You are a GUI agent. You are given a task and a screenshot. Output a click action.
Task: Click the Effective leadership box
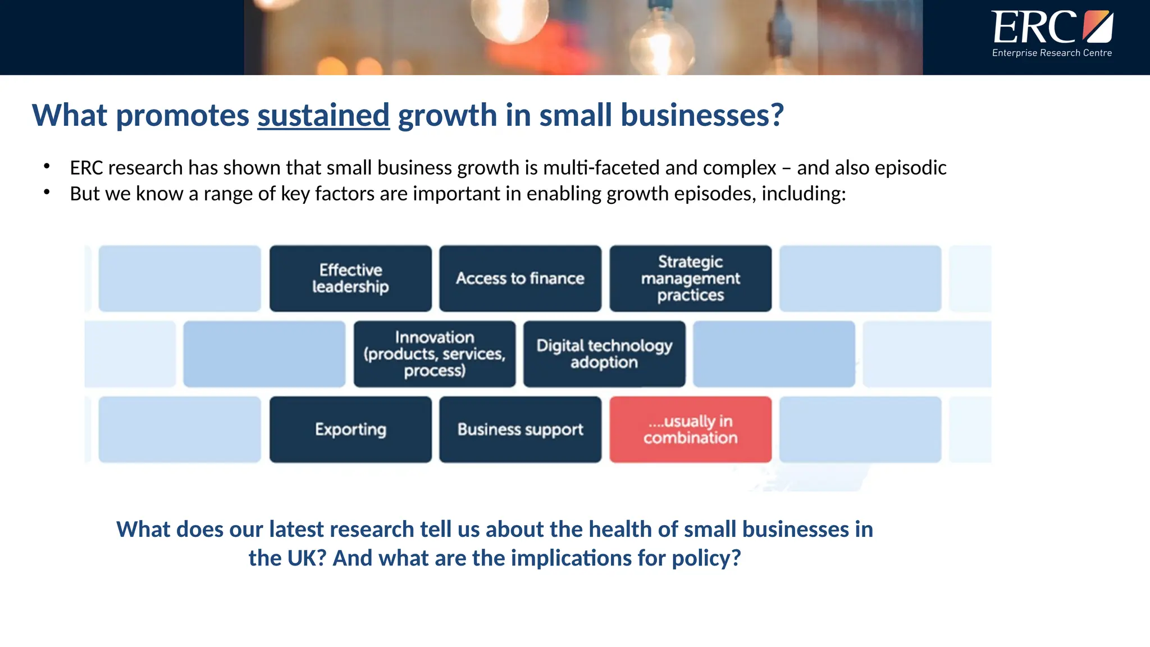pos(350,279)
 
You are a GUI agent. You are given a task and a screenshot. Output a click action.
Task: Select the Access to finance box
pos(520,279)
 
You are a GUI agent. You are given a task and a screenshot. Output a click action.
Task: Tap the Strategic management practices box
pos(690,279)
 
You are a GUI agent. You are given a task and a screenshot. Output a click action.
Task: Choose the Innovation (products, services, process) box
pos(434,354)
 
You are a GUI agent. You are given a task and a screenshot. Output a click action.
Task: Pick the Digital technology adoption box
pos(604,354)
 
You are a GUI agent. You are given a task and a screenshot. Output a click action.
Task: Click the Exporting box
pos(350,430)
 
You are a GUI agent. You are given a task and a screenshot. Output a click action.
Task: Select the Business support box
pos(520,430)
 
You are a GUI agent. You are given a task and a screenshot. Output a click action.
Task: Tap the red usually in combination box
pos(690,430)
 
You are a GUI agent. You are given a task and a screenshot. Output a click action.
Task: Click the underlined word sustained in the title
pos(323,116)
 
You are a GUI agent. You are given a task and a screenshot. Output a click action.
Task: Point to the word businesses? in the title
pos(701,116)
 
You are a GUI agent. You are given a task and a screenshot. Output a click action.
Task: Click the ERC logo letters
pos(1034,28)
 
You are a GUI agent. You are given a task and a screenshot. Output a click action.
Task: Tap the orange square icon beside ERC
pos(1097,26)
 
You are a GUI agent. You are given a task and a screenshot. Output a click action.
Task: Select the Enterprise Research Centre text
pos(1052,53)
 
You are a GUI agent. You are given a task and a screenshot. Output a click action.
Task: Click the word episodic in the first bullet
pos(910,168)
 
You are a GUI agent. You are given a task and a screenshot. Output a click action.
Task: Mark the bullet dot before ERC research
pos(47,166)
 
